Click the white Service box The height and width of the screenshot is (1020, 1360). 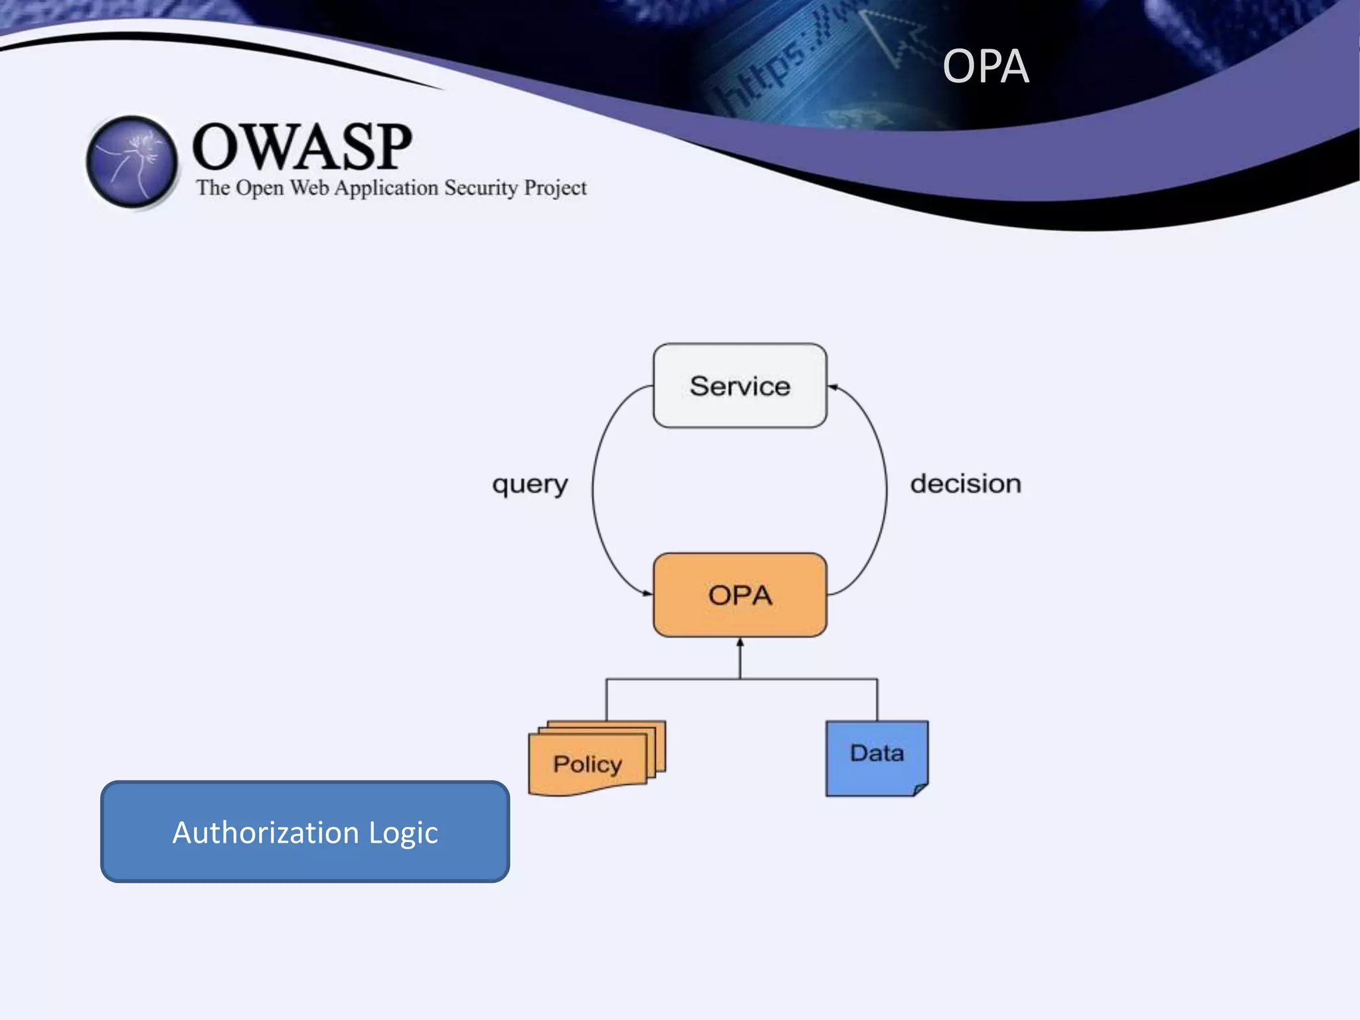(x=740, y=386)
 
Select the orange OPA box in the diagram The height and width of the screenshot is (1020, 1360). (x=740, y=595)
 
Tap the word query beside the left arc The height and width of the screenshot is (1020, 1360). (x=530, y=484)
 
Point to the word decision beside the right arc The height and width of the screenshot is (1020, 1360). (x=966, y=484)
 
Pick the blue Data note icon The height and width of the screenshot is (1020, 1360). (x=877, y=757)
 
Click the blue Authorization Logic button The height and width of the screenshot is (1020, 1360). (x=305, y=831)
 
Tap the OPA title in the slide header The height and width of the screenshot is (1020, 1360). (x=985, y=66)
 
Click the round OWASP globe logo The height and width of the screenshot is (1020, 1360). (x=132, y=161)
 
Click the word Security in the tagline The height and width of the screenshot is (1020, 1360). (x=481, y=188)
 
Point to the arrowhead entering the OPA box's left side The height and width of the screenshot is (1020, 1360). (x=647, y=593)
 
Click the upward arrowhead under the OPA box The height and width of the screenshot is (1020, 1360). (x=740, y=643)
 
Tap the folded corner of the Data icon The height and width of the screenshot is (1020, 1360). (x=920, y=790)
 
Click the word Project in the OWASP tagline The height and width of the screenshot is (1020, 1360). (x=555, y=188)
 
